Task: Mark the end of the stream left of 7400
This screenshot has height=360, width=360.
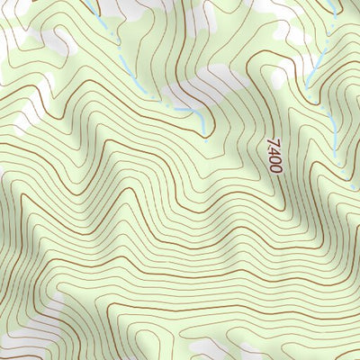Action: [206, 140]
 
